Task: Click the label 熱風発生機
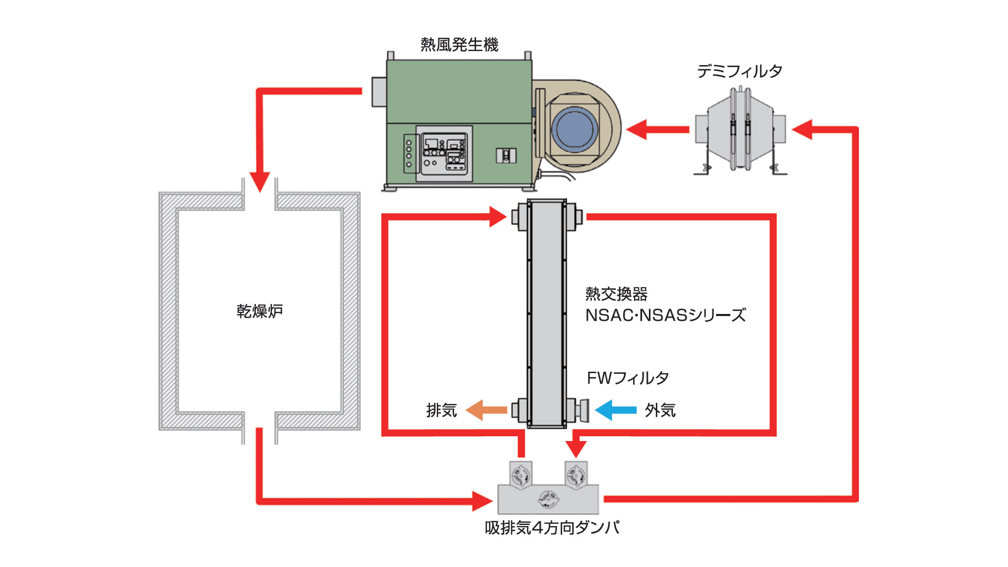[459, 45]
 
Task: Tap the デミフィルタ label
[739, 71]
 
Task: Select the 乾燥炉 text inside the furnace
[259, 311]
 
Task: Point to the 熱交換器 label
[616, 293]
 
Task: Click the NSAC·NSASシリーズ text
[665, 315]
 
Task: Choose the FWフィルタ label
[627, 377]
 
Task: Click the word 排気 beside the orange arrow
[442, 410]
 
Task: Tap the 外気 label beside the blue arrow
[660, 410]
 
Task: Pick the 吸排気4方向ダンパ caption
[552, 527]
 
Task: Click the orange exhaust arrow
[486, 410]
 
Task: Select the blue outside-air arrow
[615, 410]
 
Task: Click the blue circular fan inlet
[575, 129]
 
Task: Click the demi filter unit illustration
[740, 130]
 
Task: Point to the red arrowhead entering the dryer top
[259, 182]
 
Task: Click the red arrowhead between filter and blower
[637, 129]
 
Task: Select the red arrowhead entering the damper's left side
[481, 501]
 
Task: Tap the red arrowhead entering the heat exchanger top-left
[497, 216]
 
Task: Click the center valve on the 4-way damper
[549, 499]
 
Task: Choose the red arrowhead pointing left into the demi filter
[803, 129]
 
